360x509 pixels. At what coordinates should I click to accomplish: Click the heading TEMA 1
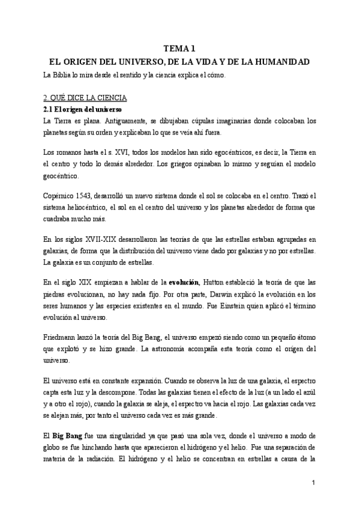coord(180,49)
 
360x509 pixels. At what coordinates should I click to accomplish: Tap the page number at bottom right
coord(314,483)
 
